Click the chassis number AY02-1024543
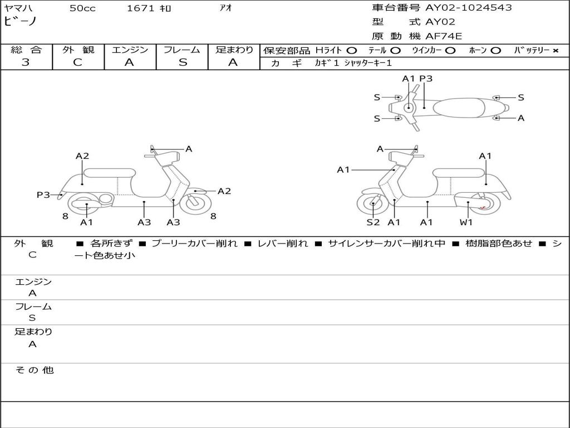(x=468, y=8)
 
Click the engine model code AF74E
(x=444, y=36)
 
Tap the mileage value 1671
(x=140, y=8)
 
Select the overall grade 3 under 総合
(x=26, y=62)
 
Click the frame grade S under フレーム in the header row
(x=183, y=62)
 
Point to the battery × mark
(x=555, y=51)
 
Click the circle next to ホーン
(x=495, y=51)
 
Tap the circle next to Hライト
(x=352, y=51)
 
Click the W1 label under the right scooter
(x=466, y=222)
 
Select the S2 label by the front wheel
(x=373, y=222)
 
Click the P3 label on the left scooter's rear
(x=43, y=194)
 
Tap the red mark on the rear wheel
(x=483, y=208)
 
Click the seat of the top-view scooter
(x=459, y=108)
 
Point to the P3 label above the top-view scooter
(x=426, y=79)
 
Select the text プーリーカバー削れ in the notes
(x=194, y=243)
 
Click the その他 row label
(x=34, y=370)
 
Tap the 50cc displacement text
(x=82, y=8)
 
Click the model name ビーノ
(x=21, y=21)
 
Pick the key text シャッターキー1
(x=368, y=63)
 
